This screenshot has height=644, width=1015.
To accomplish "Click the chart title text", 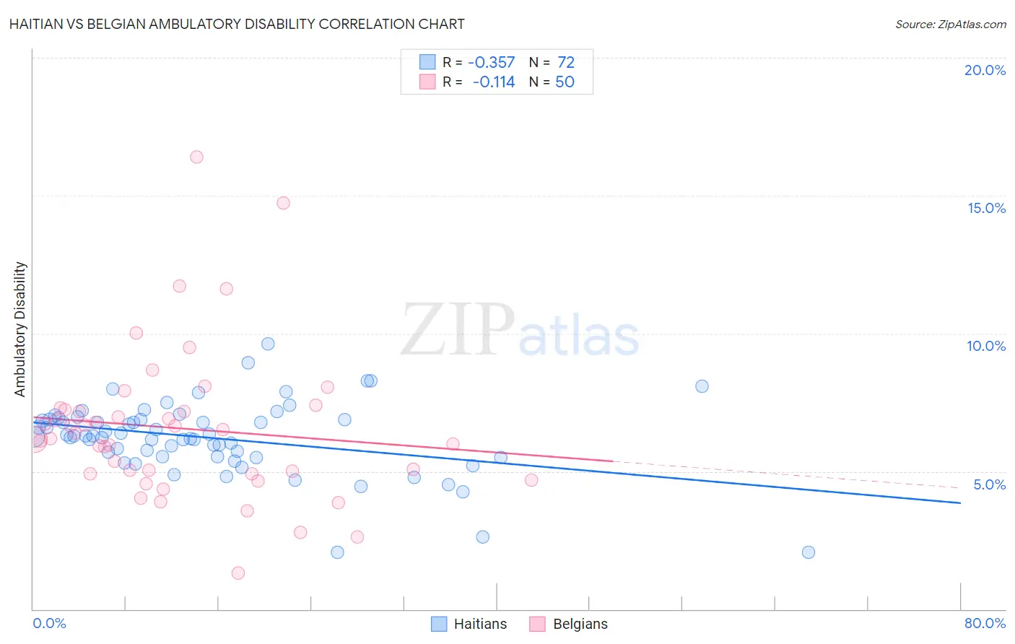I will [237, 24].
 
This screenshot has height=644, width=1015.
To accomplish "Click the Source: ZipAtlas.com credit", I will [950, 24].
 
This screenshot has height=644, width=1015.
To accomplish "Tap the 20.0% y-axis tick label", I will [985, 70].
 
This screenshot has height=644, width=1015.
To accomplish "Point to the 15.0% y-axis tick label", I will [986, 208].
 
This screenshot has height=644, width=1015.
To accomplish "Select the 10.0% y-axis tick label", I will [986, 346].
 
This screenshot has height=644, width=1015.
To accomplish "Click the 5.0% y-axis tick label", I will [989, 484].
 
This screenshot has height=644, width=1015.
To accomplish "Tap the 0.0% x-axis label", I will [49, 623].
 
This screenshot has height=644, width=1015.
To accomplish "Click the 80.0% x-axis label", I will [985, 623].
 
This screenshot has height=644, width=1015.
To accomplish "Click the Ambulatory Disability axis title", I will [20, 329].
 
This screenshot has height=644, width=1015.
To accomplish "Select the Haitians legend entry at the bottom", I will [469, 624].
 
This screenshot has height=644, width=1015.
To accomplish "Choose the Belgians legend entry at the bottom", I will [569, 624].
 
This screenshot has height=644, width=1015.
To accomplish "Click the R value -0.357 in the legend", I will [492, 63].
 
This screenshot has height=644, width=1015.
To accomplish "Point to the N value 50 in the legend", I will [565, 82].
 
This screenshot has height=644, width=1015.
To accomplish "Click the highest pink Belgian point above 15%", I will [196, 157].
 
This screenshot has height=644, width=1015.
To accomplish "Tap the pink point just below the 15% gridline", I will [283, 203].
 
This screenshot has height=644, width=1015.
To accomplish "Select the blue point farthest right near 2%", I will [809, 552].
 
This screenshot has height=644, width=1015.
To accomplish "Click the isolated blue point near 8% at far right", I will [702, 386].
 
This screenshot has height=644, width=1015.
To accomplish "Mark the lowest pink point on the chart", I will [238, 573].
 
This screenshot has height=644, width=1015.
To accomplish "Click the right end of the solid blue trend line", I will [960, 502].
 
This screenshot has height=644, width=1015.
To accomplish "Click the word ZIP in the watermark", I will [457, 331].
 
